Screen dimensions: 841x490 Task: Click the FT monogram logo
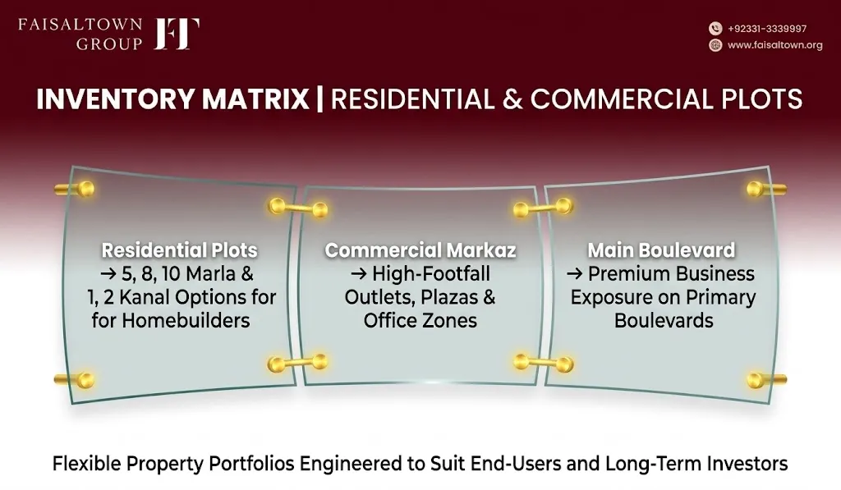[177, 34]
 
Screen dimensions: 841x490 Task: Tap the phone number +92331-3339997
[767, 29]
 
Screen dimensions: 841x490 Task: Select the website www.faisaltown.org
[775, 45]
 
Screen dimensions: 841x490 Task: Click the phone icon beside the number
[715, 29]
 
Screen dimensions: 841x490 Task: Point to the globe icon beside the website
[715, 45]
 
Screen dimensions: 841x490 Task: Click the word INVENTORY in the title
[115, 99]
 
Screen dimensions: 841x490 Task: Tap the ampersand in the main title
[512, 99]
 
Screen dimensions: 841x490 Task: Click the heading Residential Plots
[180, 250]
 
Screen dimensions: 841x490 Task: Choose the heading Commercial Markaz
[420, 250]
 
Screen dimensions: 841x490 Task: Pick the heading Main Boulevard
[661, 250]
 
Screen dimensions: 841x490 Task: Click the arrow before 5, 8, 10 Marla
[108, 274]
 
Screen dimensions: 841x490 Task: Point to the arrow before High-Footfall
[359, 274]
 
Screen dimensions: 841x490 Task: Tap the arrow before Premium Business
[574, 274]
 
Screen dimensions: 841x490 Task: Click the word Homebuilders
[186, 321]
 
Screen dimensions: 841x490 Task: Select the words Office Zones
[420, 321]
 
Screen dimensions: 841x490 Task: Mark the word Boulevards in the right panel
[664, 321]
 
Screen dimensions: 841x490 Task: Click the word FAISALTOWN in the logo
[80, 25]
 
